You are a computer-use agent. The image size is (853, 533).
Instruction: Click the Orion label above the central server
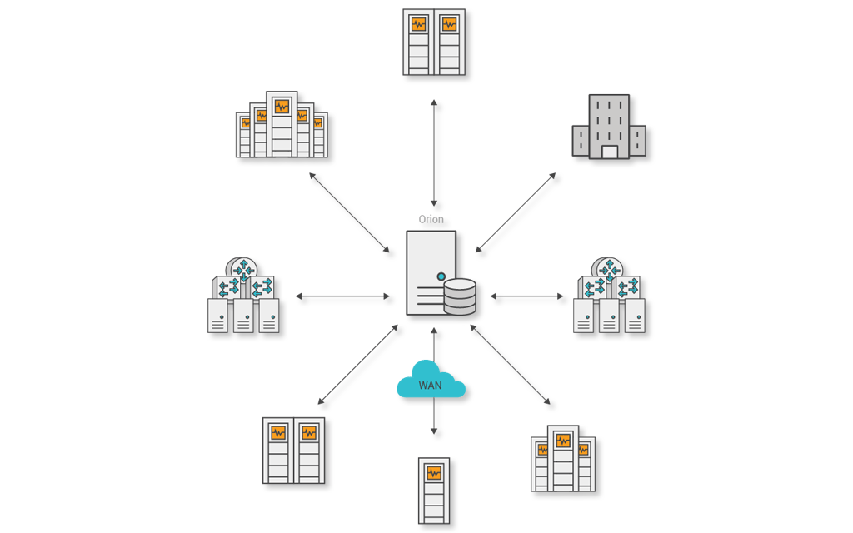coord(431,220)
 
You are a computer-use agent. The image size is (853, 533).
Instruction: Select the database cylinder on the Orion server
coord(460,297)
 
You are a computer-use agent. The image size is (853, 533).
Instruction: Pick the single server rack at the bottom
coord(434,491)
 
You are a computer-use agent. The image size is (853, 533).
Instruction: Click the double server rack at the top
coord(434,42)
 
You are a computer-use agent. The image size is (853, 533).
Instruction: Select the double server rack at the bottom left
coord(293,451)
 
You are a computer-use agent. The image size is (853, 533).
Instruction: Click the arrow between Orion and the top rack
coord(434,152)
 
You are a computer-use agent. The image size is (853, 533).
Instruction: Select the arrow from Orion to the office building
coord(516,212)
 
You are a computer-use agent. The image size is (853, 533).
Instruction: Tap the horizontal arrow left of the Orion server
coord(342,296)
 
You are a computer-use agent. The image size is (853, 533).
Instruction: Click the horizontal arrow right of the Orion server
coord(526,296)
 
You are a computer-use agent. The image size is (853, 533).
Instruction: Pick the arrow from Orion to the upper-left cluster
coord(349,212)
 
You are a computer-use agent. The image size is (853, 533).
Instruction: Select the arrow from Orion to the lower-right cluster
coord(510,364)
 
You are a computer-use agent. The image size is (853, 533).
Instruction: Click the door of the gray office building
coord(610,152)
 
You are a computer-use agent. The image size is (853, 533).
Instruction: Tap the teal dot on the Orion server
coord(441,276)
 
